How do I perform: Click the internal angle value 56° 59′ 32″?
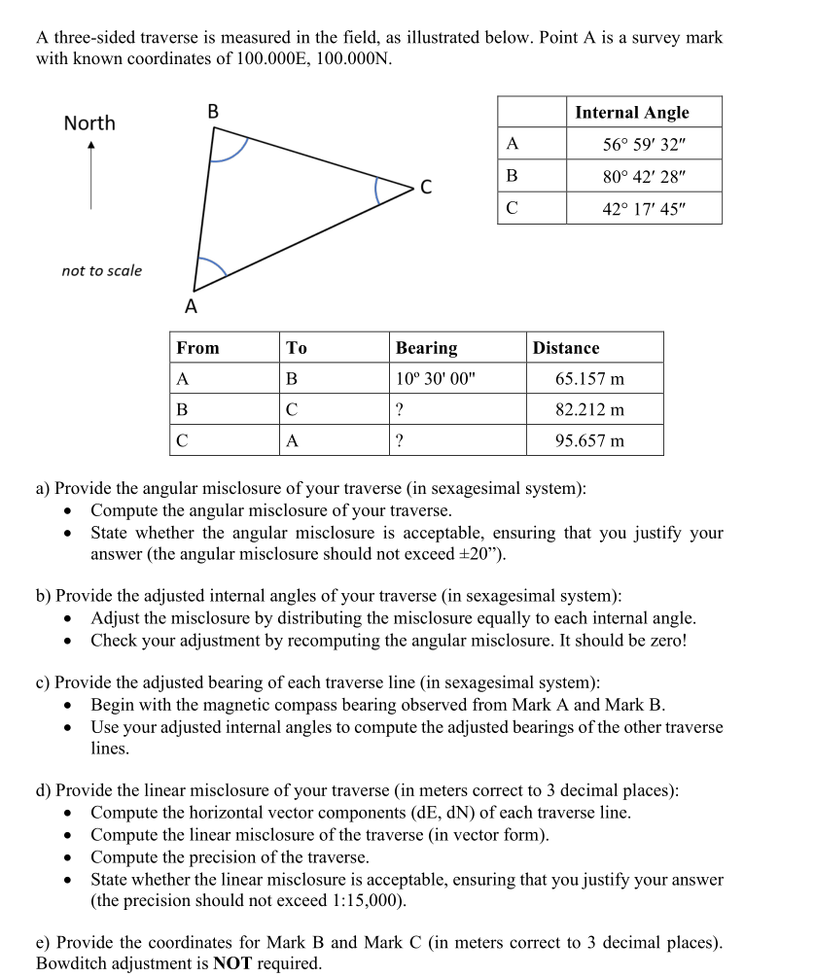(x=644, y=145)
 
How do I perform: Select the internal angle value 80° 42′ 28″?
(x=644, y=177)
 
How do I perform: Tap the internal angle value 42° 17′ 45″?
(x=644, y=209)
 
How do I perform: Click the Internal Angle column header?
(x=632, y=113)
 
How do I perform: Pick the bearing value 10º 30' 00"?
(x=436, y=378)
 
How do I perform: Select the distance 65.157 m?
(x=589, y=378)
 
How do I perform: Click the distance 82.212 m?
(x=589, y=409)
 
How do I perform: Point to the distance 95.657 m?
(x=589, y=440)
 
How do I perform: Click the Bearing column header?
(x=426, y=348)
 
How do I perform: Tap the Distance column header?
(x=566, y=348)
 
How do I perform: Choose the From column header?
(x=197, y=348)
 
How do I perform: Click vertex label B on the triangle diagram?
(x=213, y=112)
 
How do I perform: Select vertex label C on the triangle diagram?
(x=426, y=187)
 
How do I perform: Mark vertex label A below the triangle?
(x=191, y=308)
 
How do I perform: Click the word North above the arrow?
(x=89, y=123)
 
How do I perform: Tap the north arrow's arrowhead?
(x=90, y=147)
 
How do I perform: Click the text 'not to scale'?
(x=101, y=271)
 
